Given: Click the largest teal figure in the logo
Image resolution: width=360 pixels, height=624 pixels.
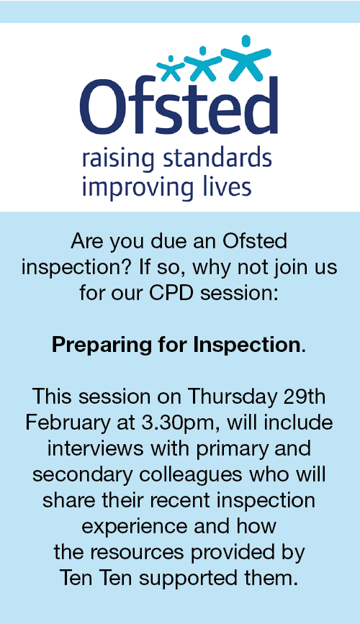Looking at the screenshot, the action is [x=246, y=58].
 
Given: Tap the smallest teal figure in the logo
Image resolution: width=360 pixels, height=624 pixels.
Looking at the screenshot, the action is [x=171, y=69].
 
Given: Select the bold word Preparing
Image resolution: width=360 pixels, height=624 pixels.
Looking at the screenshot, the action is [x=102, y=345].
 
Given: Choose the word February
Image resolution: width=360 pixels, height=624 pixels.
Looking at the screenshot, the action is [x=67, y=423].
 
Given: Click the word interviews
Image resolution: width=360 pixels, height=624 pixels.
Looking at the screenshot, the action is [x=95, y=448].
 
